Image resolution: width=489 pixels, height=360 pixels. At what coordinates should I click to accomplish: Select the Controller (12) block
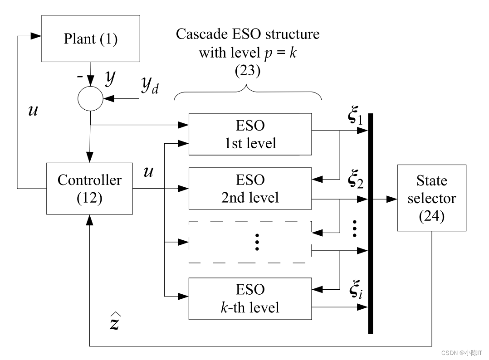90,189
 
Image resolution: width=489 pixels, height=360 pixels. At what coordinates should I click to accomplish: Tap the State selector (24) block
431,198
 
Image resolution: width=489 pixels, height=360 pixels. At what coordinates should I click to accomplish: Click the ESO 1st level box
250,134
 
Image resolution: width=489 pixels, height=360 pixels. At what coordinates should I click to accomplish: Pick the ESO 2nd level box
250,189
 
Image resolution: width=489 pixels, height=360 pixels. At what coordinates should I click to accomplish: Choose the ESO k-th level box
250,298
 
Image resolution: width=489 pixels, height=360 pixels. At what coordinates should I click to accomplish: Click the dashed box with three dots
250,242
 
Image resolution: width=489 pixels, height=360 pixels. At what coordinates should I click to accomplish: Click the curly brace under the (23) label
248,93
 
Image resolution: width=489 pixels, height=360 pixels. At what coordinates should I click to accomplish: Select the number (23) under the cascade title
248,71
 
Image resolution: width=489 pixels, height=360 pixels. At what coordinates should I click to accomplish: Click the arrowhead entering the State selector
392,199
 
